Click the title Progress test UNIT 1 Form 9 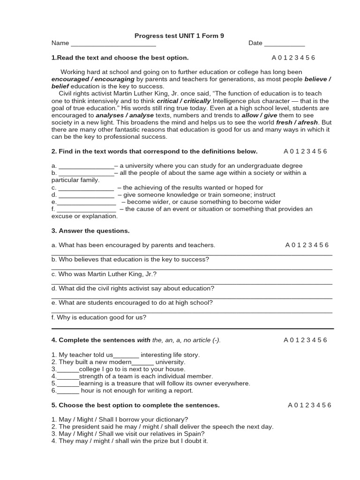179,36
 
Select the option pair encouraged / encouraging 93,79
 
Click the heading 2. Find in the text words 154,151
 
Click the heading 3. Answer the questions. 90,231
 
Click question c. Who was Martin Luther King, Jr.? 104,274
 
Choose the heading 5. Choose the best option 135,405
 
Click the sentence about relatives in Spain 128,434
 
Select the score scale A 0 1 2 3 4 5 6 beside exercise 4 306,340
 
